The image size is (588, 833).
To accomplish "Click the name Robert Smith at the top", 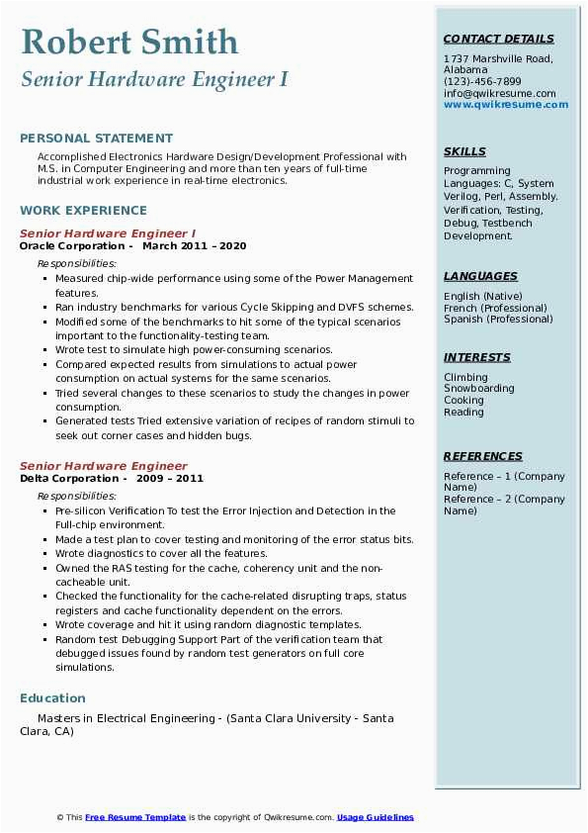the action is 129,42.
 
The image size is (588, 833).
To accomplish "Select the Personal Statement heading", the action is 96,139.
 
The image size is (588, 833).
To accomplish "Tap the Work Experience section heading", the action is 83,210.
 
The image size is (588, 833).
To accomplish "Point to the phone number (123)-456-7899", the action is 482,82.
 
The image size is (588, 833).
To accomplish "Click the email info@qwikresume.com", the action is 499,94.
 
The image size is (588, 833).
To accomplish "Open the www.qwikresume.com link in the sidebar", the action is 499,105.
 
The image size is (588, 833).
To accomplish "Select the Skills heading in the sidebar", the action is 464,151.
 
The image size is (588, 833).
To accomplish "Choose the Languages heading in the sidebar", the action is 480,277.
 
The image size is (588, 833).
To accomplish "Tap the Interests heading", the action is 477,357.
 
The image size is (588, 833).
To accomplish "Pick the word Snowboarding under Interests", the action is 479,389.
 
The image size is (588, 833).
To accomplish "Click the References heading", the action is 483,456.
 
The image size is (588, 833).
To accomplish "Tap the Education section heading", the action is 52,697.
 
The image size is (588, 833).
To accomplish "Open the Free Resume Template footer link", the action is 135,817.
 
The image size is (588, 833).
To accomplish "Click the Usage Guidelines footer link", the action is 375,817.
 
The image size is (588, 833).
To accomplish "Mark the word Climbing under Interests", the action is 465,377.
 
